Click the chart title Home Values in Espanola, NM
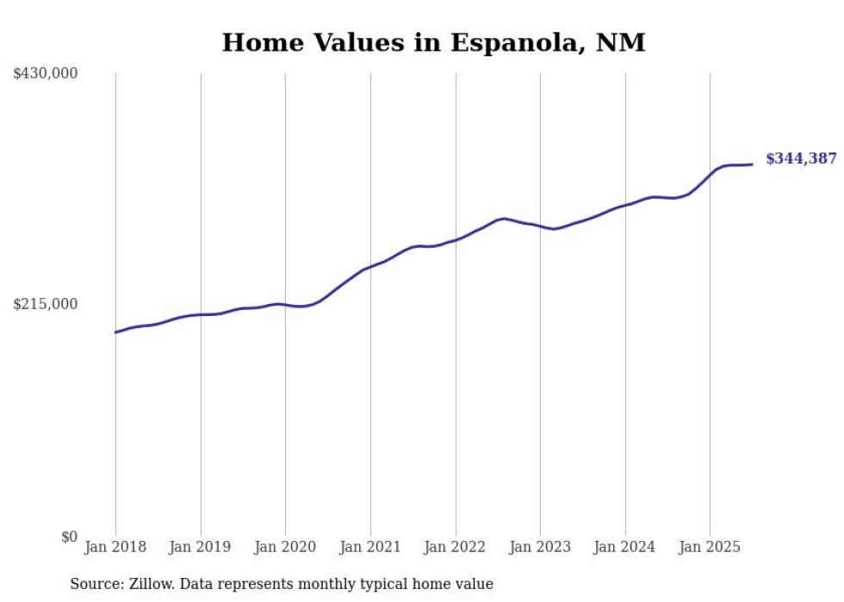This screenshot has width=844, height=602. coord(433,42)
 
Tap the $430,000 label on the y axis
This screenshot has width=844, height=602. coord(46,74)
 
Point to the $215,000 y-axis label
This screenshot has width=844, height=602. coord(46,304)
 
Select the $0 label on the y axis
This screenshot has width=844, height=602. coord(69,537)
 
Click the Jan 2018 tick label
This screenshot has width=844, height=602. coord(115,547)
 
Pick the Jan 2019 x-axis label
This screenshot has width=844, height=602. coord(201,547)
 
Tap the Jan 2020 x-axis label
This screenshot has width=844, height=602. coord(285,547)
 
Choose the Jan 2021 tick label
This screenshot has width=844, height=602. coord(370,547)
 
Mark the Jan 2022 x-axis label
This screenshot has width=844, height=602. coord(456,547)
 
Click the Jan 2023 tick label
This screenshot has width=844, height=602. coord(540,547)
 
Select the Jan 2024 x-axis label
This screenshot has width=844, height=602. coord(625,547)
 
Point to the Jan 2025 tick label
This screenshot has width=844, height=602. coord(710,547)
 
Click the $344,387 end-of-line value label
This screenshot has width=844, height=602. coord(801,158)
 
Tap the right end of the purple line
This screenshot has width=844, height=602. coord(752,164)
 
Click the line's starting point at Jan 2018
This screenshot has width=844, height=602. coord(115,332)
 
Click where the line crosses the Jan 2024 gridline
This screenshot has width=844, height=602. coord(625,205)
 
